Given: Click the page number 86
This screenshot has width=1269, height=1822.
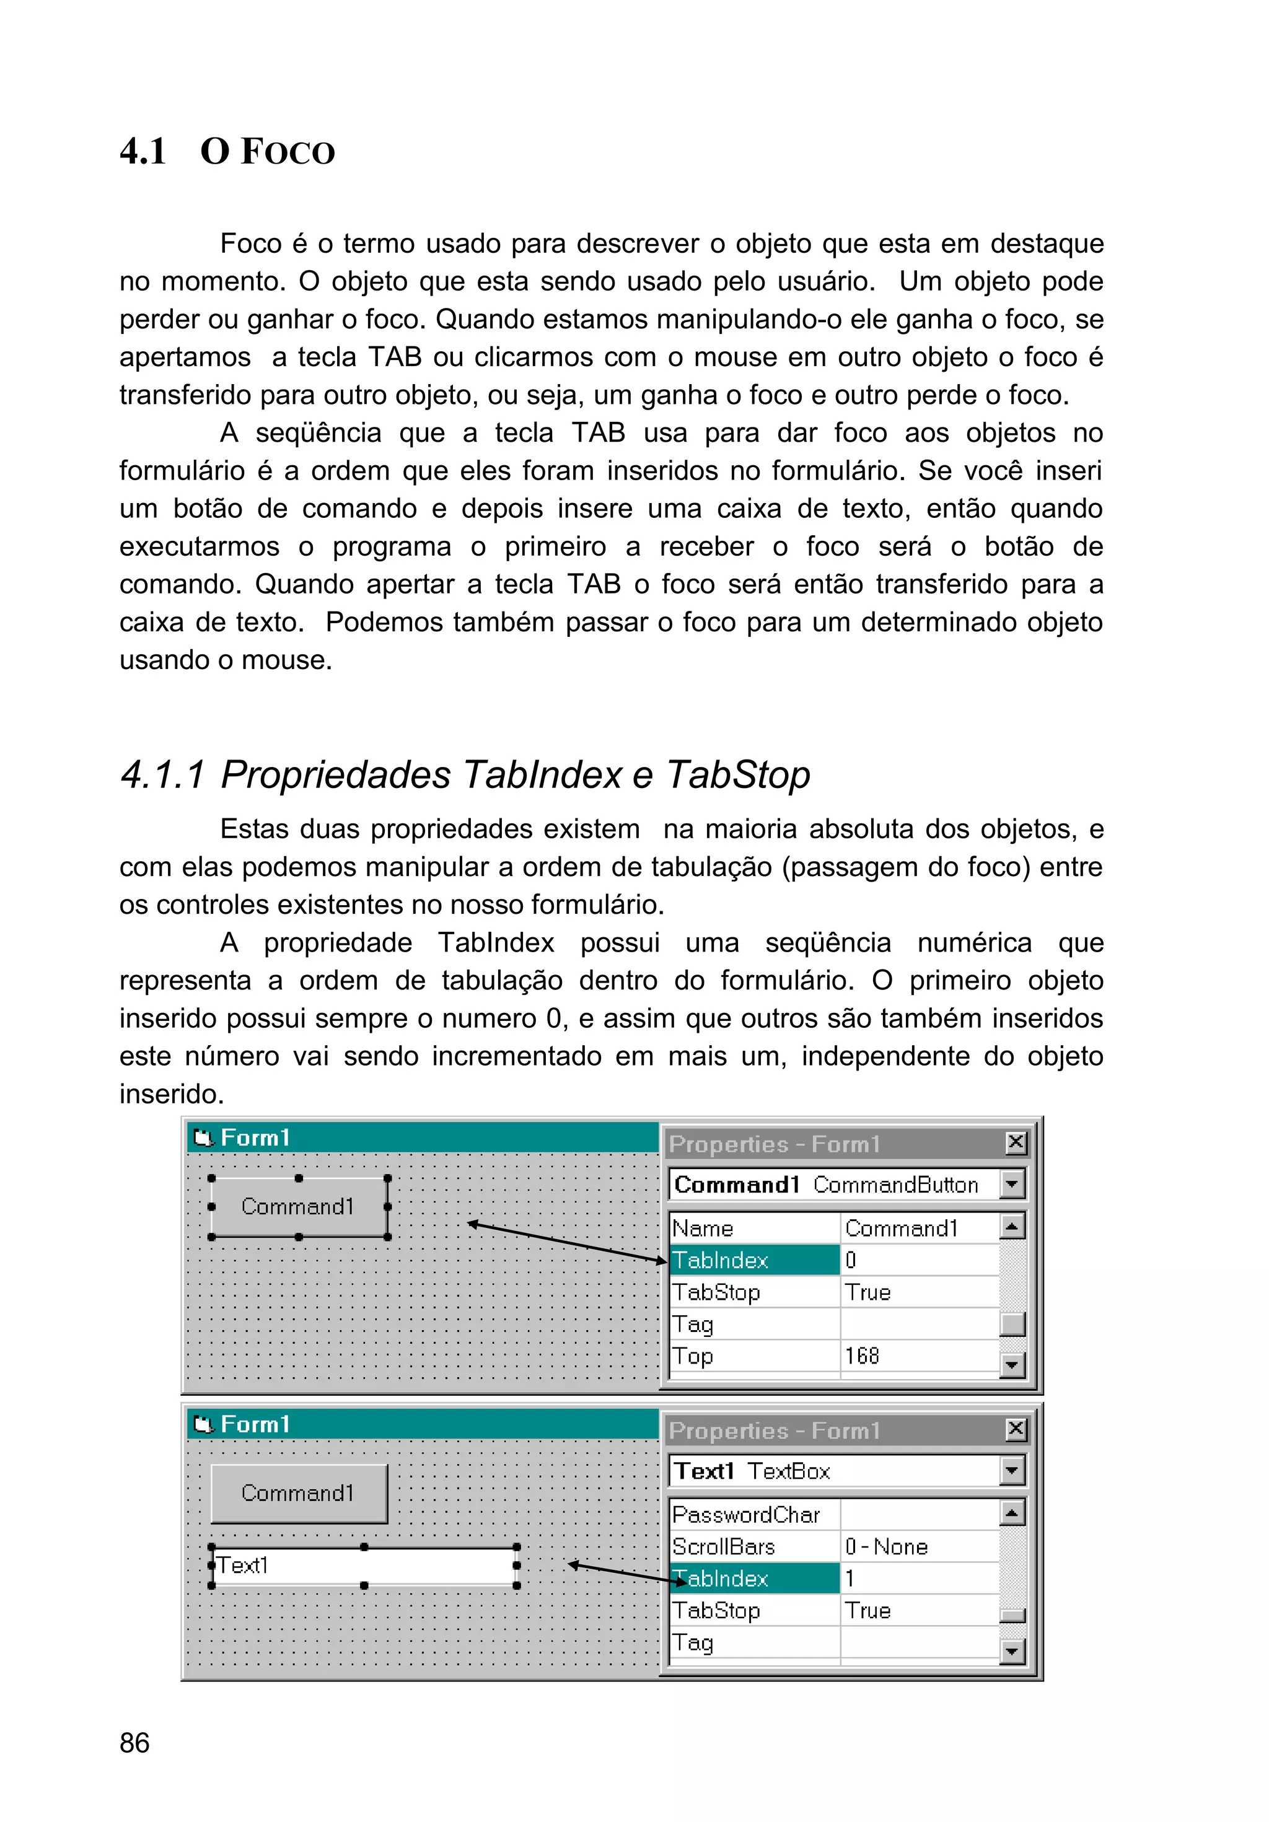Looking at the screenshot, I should click(134, 1743).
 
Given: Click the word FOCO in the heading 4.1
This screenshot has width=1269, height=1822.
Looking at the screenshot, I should click(288, 152).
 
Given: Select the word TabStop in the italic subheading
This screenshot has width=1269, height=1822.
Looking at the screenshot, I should click(737, 774).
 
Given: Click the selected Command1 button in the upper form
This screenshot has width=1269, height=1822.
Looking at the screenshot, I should click(299, 1207).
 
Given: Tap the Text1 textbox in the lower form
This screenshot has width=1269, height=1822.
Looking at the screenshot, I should click(364, 1566).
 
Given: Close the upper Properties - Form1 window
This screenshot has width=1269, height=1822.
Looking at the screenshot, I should click(1015, 1143).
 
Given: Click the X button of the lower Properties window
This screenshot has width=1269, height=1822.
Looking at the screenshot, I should click(1015, 1429).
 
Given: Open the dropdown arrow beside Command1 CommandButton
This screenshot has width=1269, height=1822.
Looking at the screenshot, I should click(1011, 1185).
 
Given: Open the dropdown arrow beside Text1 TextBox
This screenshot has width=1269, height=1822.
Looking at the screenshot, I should click(1011, 1471).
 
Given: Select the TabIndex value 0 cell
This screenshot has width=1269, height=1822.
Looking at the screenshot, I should click(918, 1260).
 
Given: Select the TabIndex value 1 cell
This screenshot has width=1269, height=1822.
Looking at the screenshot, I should click(918, 1579).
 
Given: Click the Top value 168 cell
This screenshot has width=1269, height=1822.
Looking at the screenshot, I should click(918, 1356).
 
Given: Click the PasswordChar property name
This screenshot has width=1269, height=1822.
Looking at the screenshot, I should click(746, 1515).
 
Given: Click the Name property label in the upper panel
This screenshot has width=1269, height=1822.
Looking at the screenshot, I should click(703, 1229).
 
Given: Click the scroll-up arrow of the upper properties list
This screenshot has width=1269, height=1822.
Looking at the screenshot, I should click(1011, 1227).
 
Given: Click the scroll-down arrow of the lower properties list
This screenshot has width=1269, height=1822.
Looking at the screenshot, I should click(1011, 1652).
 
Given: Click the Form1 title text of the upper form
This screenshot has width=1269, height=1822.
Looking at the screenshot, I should click(255, 1138).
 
